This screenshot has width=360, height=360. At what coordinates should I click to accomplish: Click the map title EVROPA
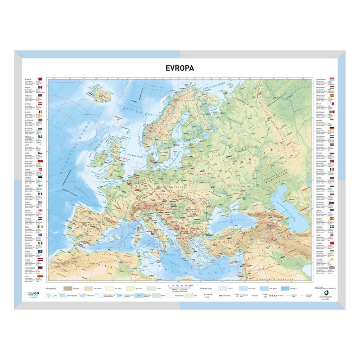180,68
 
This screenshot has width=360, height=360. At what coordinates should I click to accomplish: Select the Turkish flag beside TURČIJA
333,243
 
